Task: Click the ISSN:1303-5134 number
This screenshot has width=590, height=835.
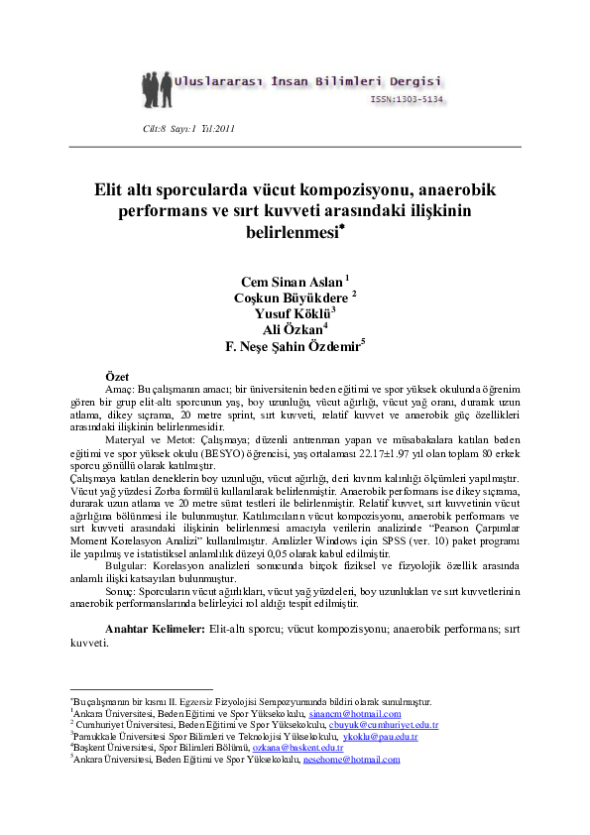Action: (407, 99)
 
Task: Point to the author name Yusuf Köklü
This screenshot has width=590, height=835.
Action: (293, 313)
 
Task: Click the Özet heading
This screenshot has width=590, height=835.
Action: (118, 377)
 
